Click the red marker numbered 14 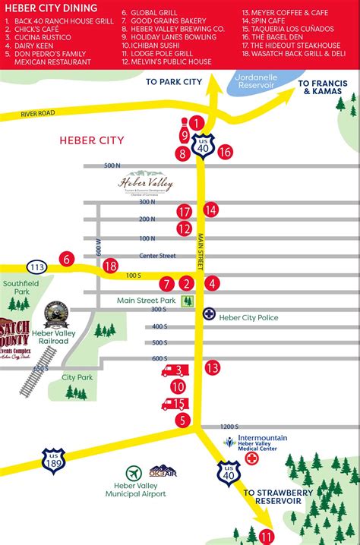(210, 209)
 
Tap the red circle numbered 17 (184, 212)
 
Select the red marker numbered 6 (67, 260)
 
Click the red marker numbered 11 (266, 536)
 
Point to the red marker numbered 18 (111, 266)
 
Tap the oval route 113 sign (35, 266)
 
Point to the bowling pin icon (184, 122)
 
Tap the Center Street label (157, 257)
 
